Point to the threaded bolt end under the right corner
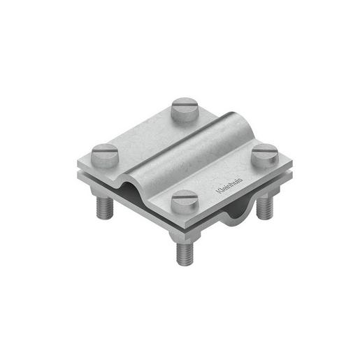pyautogui.click(x=264, y=207)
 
